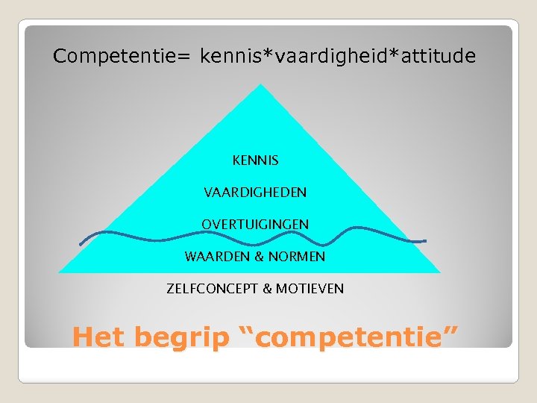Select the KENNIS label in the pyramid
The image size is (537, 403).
[255, 160]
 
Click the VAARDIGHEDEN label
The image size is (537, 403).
[255, 193]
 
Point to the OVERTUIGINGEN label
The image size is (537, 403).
[255, 225]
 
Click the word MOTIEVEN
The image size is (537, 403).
[310, 289]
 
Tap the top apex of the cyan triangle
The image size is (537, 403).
[260, 84]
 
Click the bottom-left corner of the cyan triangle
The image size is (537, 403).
[60, 272]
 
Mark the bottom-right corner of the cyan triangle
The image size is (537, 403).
[440, 272]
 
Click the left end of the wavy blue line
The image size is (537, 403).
[81, 244]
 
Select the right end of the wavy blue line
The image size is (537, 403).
[425, 241]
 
